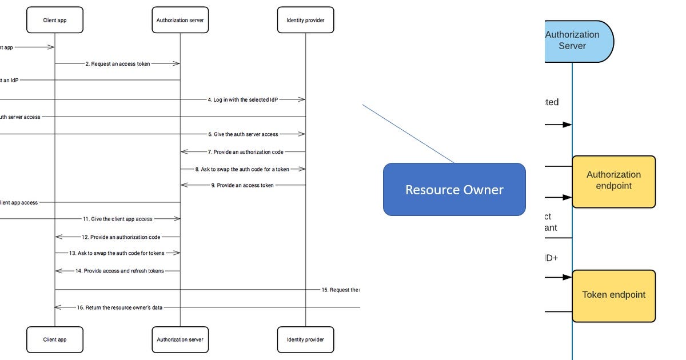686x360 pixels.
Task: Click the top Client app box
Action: click(x=55, y=20)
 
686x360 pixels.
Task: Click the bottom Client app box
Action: click(x=55, y=339)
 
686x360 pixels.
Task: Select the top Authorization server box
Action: click(x=180, y=20)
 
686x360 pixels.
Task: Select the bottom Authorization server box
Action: click(x=180, y=339)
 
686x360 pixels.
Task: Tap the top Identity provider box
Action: click(x=305, y=20)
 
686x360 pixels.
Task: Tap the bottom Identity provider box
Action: click(x=305, y=339)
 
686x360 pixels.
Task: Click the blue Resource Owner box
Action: click(x=454, y=190)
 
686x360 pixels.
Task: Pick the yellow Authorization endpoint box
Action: click(x=613, y=181)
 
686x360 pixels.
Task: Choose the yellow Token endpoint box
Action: click(x=613, y=295)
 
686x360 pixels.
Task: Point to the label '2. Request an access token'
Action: click(x=118, y=64)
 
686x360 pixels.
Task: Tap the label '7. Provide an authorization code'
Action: click(x=245, y=152)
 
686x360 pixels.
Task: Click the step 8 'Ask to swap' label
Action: click(x=242, y=169)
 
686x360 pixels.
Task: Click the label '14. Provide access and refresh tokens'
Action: click(x=119, y=271)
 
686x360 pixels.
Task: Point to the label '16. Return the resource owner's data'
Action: click(x=119, y=307)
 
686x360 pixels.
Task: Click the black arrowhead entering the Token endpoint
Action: click(x=568, y=277)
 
